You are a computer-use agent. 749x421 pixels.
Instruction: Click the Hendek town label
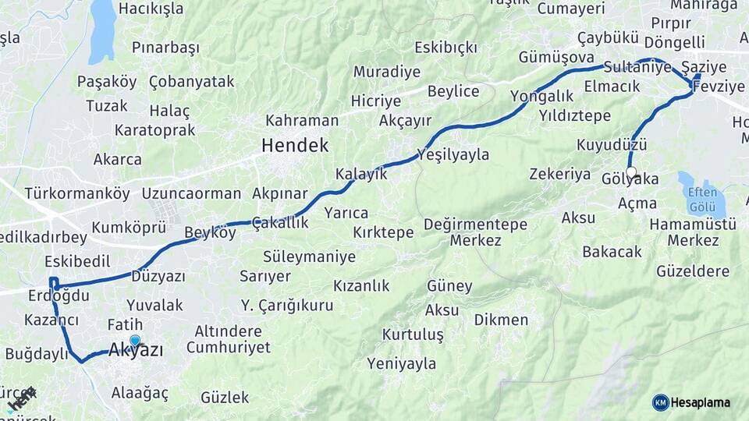click(295, 145)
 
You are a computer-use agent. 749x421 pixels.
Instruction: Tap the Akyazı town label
click(136, 351)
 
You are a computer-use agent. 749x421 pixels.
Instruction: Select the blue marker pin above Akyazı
click(135, 341)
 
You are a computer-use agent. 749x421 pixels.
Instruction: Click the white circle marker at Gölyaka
click(631, 172)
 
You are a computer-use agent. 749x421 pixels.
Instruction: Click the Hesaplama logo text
click(701, 402)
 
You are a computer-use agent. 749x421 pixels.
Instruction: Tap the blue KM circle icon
click(660, 402)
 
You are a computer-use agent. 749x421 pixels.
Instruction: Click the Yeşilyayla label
click(453, 154)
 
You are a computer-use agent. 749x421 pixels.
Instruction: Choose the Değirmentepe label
click(476, 225)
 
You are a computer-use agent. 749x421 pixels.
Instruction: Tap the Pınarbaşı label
click(165, 48)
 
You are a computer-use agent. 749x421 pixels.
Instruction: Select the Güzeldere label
click(693, 271)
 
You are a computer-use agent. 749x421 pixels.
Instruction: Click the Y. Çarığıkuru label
click(287, 305)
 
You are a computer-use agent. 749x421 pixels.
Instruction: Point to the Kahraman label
click(302, 121)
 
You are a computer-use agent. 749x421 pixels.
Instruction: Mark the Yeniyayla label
click(401, 363)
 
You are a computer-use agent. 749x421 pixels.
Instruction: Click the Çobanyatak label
click(191, 81)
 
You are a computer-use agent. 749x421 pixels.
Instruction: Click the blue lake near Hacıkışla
click(102, 31)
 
